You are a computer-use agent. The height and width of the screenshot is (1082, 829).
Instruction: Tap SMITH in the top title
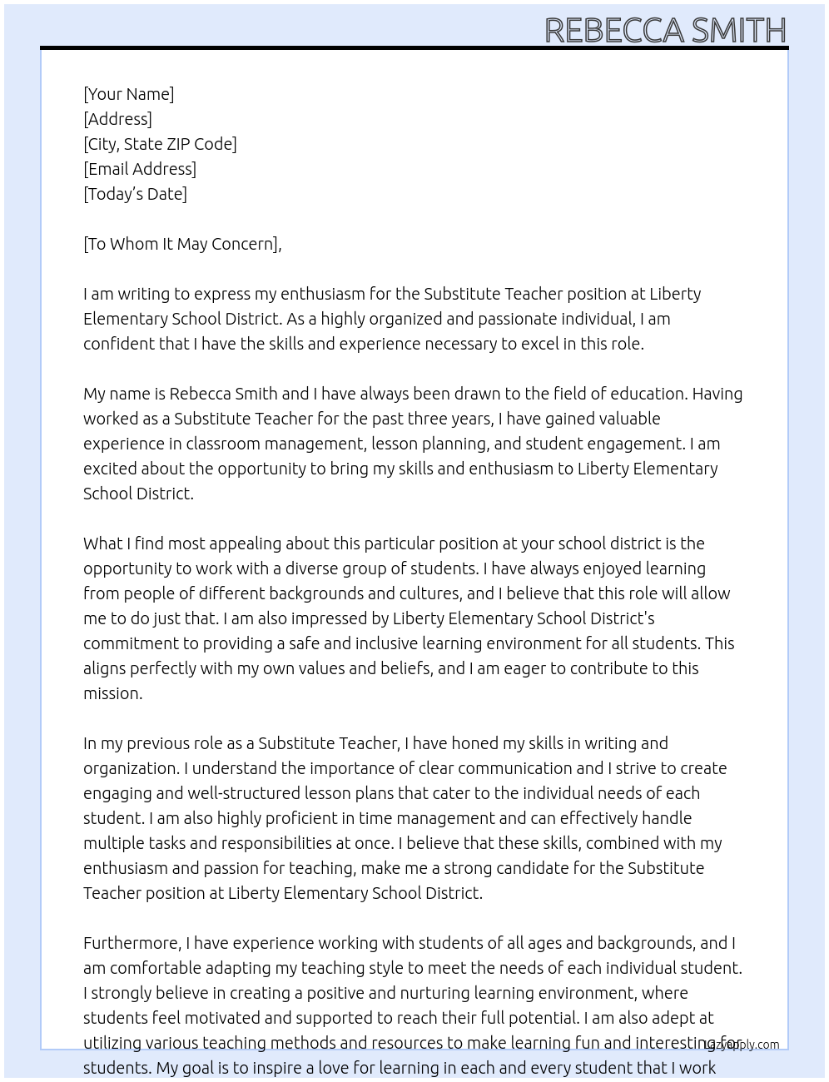point(738,31)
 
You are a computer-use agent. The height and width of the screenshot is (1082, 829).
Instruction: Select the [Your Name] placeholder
point(129,94)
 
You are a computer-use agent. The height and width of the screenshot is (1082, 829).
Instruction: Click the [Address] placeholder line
point(117,119)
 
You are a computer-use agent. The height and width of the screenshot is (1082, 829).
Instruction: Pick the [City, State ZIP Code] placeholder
point(160,144)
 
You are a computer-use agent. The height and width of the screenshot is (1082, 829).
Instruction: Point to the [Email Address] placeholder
point(140,169)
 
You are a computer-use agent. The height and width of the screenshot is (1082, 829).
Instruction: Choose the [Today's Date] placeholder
point(135,194)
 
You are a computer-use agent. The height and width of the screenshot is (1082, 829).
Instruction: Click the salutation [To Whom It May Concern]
point(182,244)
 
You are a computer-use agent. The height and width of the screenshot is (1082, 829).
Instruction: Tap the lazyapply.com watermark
point(742,1045)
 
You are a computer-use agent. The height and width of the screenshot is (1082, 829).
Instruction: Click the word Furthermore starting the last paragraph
point(132,943)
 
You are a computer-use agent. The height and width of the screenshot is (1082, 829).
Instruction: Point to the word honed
point(477,743)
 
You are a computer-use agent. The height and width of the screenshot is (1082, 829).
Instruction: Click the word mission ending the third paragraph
point(112,693)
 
